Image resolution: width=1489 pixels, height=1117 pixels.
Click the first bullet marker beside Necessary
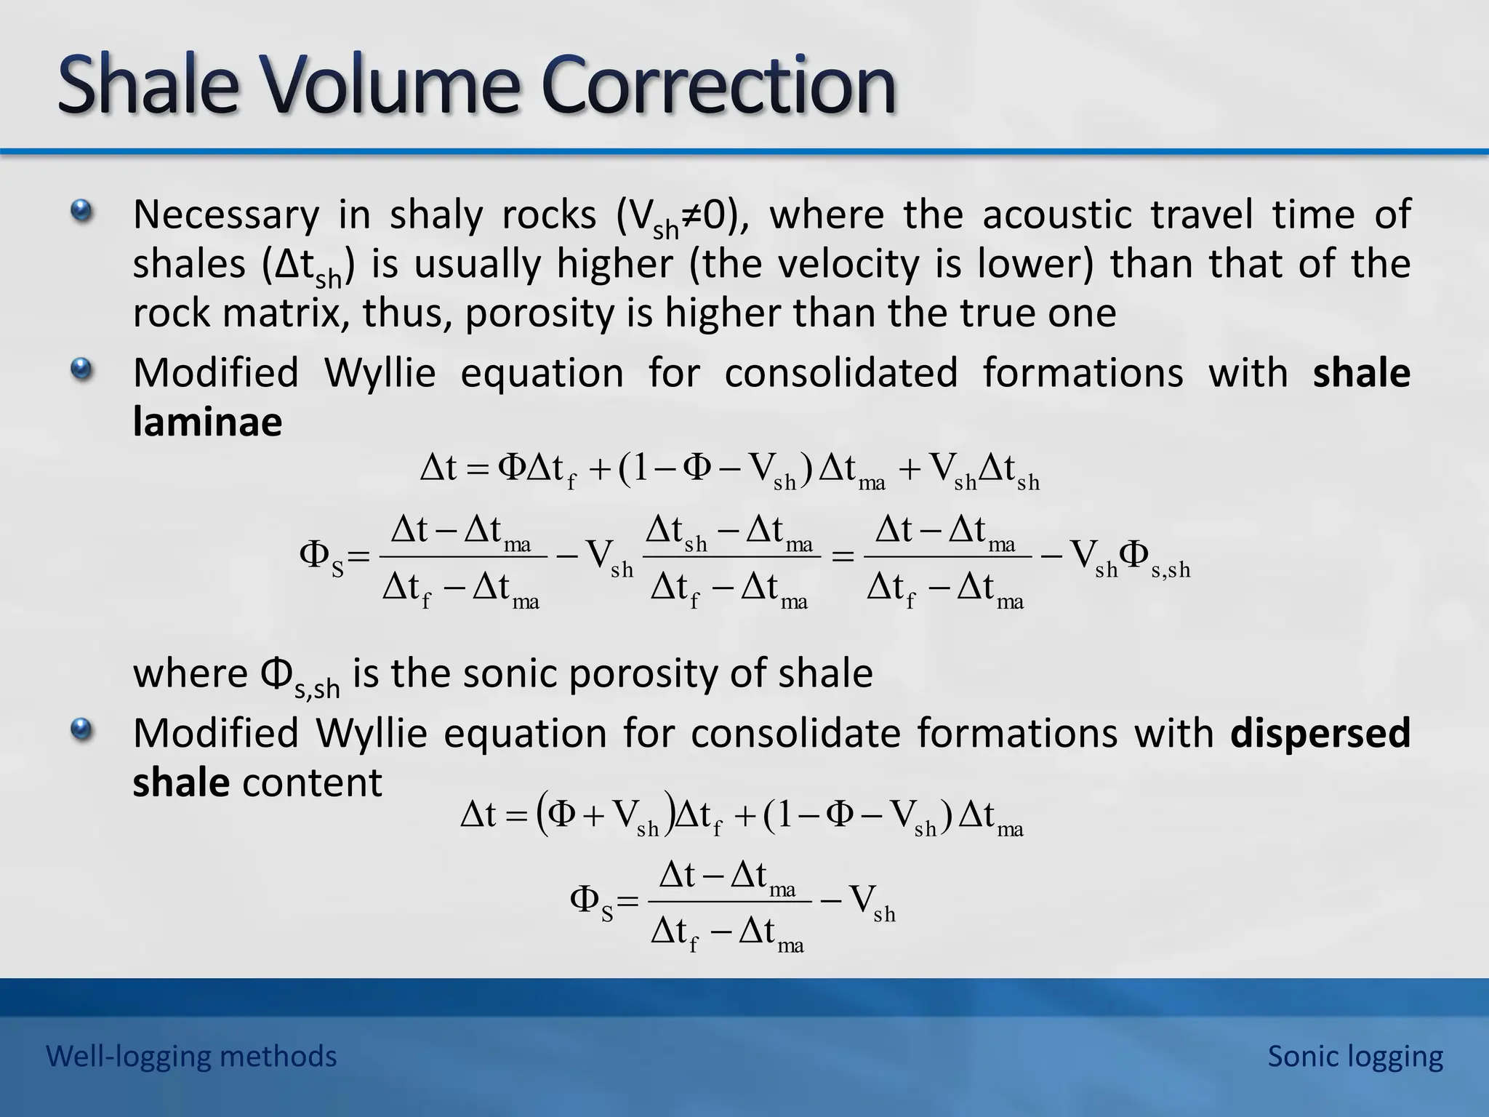tap(82, 212)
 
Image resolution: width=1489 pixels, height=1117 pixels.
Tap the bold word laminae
tap(207, 422)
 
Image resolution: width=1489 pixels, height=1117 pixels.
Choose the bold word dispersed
tap(1320, 732)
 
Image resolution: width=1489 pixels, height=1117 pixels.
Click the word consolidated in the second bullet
tap(841, 373)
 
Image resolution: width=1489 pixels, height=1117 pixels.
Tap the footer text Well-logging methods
tap(191, 1056)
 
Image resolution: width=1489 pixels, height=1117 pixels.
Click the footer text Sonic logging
tap(1355, 1056)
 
